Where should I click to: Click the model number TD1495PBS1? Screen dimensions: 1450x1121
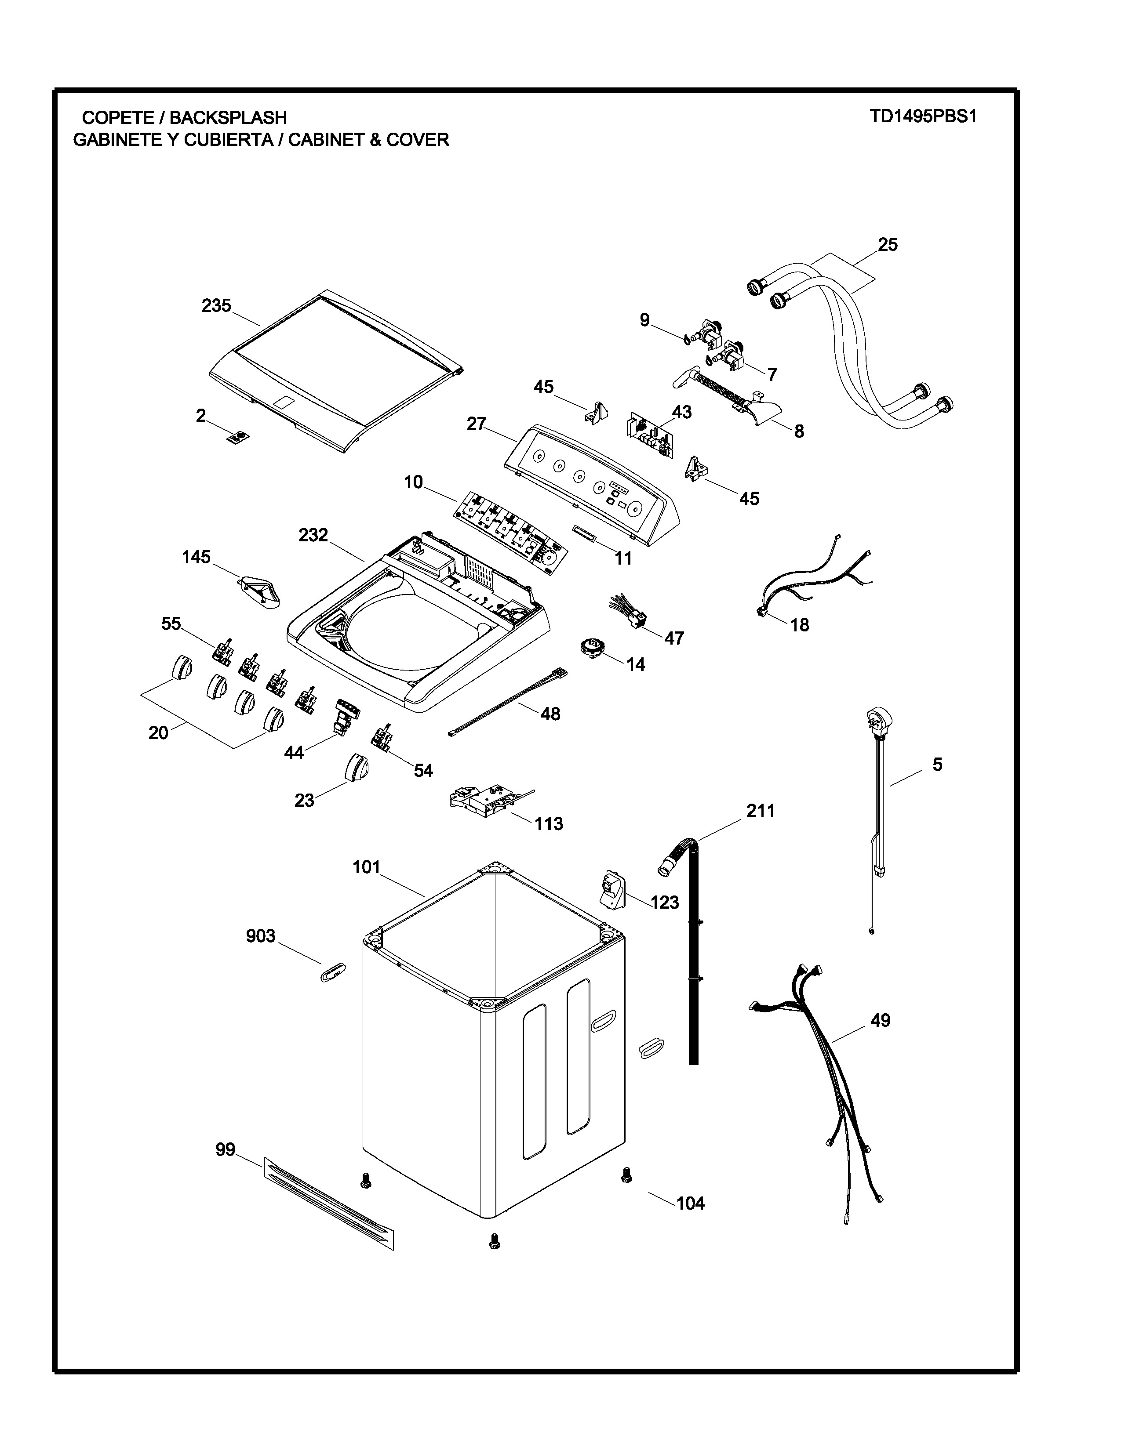(x=923, y=117)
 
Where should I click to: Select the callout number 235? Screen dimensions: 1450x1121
(x=216, y=306)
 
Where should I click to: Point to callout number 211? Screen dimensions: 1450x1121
(x=761, y=811)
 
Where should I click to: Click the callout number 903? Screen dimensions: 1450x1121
(x=260, y=936)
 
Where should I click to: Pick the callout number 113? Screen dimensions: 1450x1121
(x=549, y=824)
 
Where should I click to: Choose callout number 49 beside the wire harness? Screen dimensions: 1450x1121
(x=880, y=1020)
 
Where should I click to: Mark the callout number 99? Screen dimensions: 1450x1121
(x=225, y=1150)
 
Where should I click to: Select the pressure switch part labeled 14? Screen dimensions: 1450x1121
(x=590, y=647)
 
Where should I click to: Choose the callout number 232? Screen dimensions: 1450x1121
(x=313, y=535)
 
